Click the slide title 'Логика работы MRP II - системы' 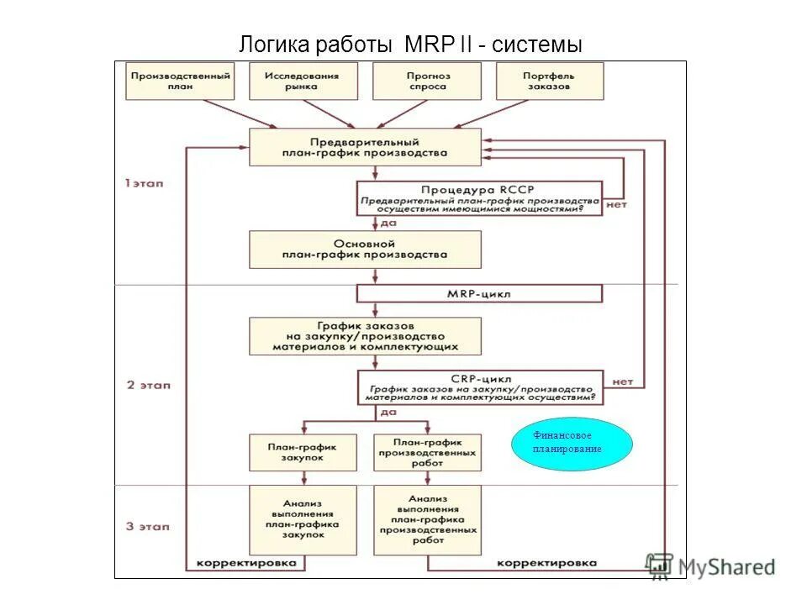click(x=410, y=44)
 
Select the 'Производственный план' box click(x=180, y=82)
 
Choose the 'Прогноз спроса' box click(x=429, y=82)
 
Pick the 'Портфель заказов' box click(x=550, y=82)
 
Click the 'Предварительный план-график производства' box click(x=366, y=148)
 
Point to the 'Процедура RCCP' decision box click(x=479, y=198)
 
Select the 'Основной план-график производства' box click(x=366, y=249)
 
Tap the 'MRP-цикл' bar click(x=479, y=294)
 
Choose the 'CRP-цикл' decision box click(x=479, y=388)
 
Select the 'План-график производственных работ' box click(x=427, y=453)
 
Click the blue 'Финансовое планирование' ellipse click(x=572, y=443)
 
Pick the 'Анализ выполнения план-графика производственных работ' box click(x=427, y=518)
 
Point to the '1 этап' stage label click(x=145, y=183)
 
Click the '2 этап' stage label click(x=148, y=385)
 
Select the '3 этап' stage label click(x=148, y=527)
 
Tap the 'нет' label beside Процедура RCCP click(x=616, y=204)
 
